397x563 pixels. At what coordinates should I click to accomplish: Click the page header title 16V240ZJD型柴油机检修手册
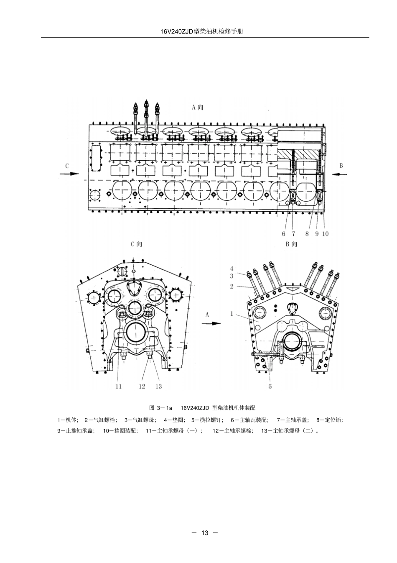(202, 32)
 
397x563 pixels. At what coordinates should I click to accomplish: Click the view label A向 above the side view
(197, 107)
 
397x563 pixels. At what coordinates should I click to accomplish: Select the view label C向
(136, 244)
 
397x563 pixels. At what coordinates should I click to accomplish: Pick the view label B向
(291, 244)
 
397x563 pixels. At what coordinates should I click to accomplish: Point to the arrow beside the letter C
(69, 174)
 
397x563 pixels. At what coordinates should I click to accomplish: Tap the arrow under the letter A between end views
(211, 323)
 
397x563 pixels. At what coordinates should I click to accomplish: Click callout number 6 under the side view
(283, 234)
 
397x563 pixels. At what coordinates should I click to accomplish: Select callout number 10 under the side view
(325, 234)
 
